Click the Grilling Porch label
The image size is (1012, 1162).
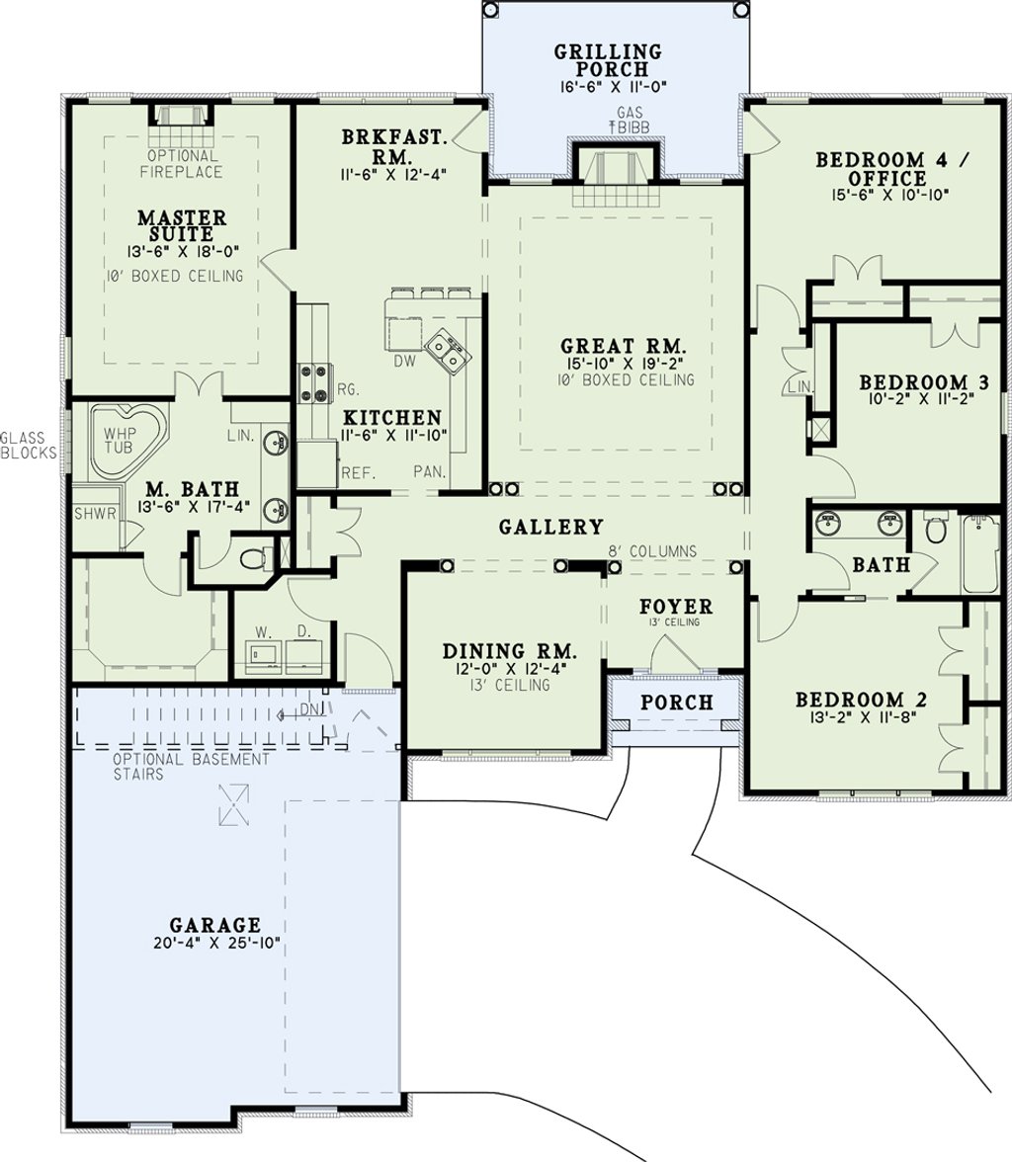(608, 60)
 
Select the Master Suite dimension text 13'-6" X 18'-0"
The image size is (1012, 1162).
(182, 251)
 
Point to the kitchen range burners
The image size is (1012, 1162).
(315, 384)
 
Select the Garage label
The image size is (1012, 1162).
(215, 925)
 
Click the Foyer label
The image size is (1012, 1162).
(676, 607)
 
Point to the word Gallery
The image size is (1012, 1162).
(550, 527)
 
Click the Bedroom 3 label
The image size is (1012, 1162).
(924, 382)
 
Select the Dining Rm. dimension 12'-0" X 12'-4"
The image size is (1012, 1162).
(509, 668)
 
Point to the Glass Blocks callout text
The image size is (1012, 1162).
(29, 445)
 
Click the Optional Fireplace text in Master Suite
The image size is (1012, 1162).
(183, 164)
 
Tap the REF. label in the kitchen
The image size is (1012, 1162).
(358, 472)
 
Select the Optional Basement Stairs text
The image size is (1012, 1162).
(192, 767)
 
